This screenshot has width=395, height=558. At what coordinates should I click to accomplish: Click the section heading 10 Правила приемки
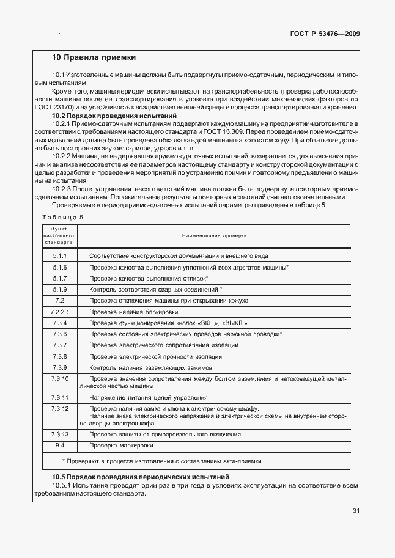tap(94, 57)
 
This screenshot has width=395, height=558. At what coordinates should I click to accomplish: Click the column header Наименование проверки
tap(213, 235)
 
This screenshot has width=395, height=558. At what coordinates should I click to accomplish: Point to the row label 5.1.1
tap(59, 255)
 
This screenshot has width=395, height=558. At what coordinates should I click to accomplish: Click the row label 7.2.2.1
tap(59, 312)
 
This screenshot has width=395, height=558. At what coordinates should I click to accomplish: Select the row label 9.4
tap(59, 445)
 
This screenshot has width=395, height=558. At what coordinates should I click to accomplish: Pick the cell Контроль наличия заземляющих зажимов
tap(151, 367)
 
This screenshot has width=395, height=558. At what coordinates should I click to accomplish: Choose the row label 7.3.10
tap(59, 379)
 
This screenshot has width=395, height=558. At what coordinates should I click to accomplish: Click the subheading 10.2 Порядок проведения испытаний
tap(114, 116)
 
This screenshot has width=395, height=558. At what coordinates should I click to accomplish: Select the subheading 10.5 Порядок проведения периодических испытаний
tap(140, 476)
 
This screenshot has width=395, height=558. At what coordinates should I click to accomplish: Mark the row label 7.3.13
tap(59, 434)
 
